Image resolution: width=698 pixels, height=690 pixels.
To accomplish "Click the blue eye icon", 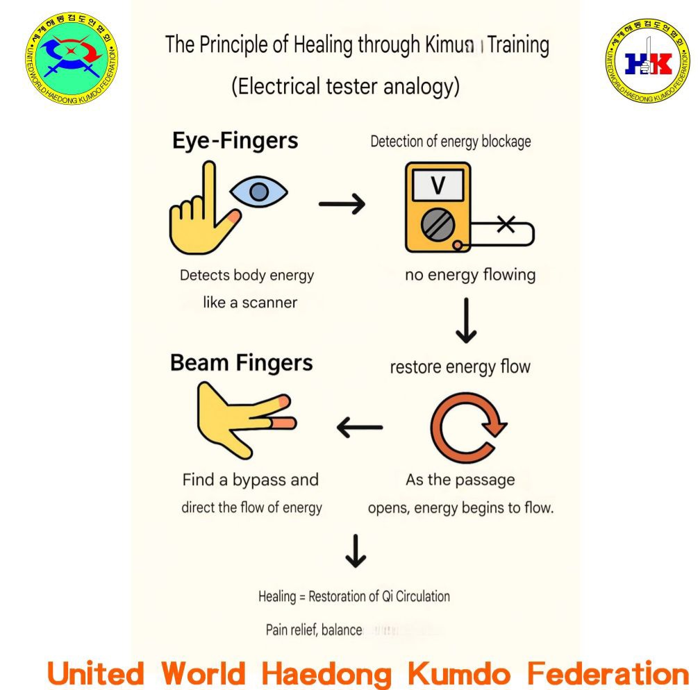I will point(258,191).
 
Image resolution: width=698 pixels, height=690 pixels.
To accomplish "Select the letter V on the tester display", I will point(438,186).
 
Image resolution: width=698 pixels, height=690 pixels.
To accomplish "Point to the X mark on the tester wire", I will point(506,224).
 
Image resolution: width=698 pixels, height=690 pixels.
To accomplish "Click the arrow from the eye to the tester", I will point(342,203).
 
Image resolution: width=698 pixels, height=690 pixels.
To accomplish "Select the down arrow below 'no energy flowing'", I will point(466,321).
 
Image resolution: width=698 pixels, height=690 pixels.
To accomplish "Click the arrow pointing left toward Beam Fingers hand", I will point(360,427).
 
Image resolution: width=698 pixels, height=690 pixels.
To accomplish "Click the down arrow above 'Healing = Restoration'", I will point(356,551).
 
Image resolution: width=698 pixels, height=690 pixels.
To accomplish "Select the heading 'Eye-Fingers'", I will point(235,141).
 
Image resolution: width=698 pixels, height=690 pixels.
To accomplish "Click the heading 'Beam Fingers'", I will point(241,363).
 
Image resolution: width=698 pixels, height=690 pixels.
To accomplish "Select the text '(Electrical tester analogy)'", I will point(345,87).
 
